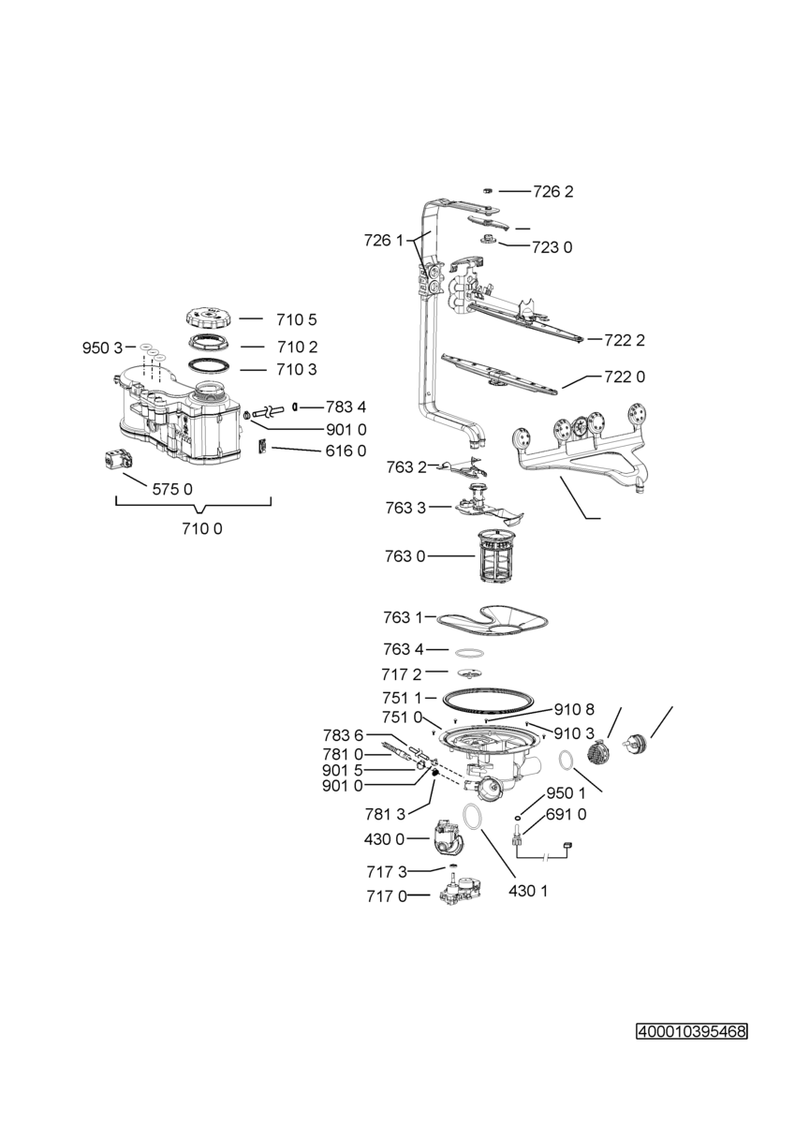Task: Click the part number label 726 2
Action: [552, 192]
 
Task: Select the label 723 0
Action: [552, 247]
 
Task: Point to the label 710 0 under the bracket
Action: [202, 528]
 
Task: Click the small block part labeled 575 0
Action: [118, 460]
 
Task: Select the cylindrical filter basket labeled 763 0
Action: [494, 555]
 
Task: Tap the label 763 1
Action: [403, 617]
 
